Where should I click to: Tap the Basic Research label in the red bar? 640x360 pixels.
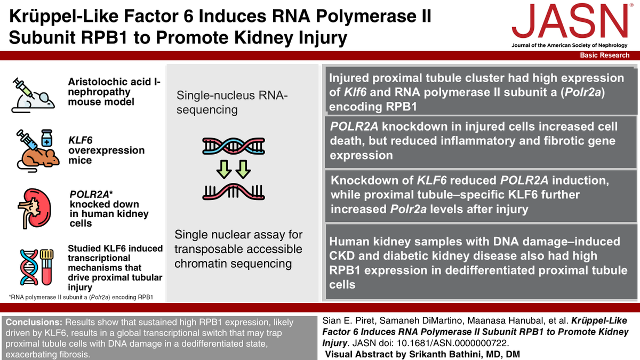coord(604,55)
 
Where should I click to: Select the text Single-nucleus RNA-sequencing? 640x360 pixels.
coord(232,102)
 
